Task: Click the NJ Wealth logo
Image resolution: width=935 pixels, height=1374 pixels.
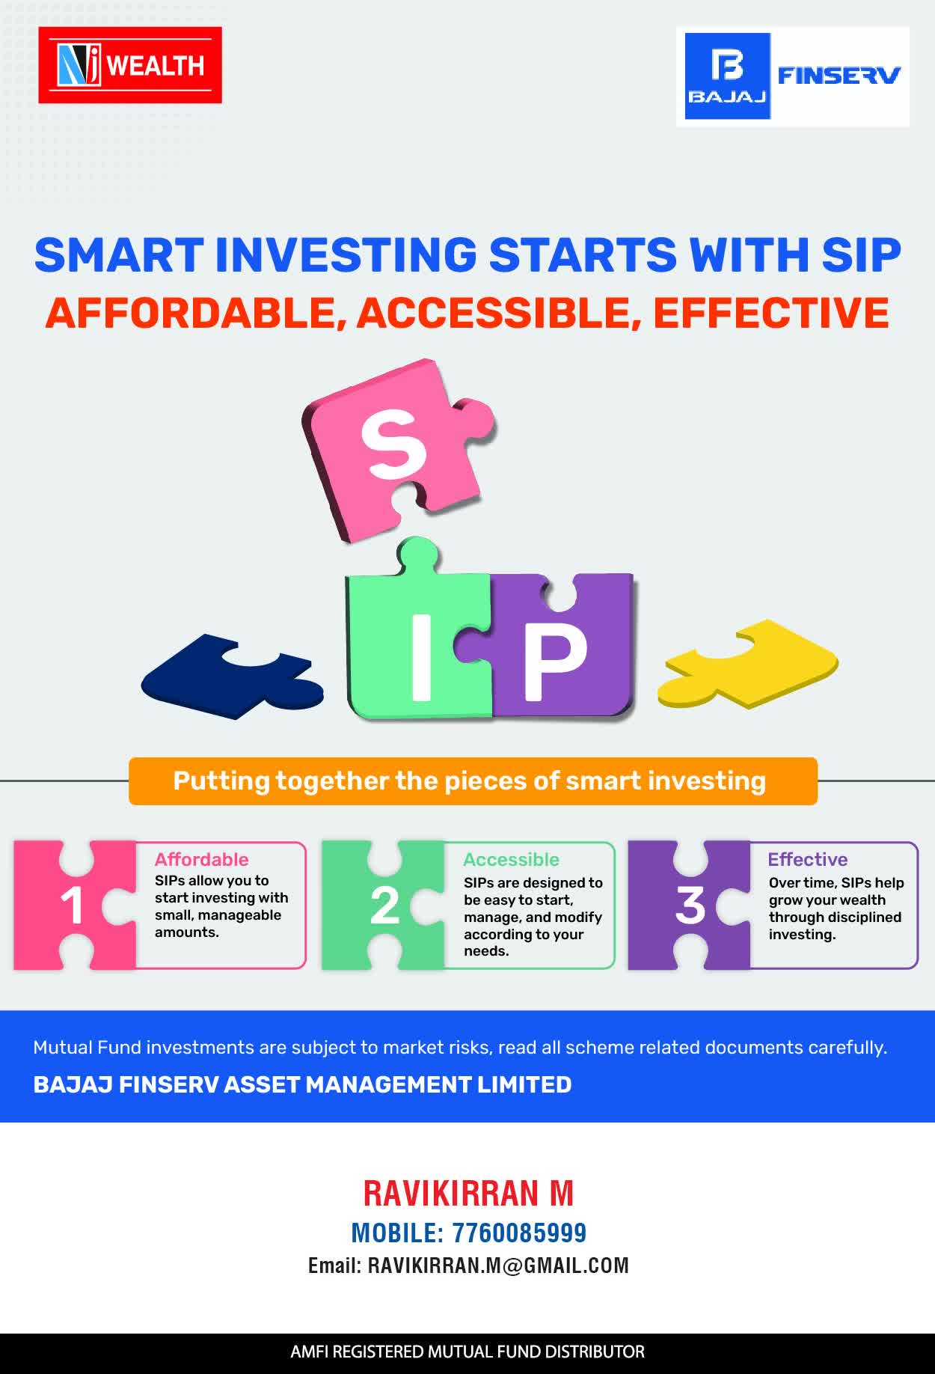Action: pyautogui.click(x=130, y=65)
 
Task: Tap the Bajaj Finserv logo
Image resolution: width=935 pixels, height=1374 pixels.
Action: pyautogui.click(x=793, y=76)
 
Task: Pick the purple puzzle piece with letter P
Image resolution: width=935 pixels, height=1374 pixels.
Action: pyautogui.click(x=557, y=647)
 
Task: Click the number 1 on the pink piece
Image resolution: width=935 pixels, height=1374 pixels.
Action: pyautogui.click(x=72, y=906)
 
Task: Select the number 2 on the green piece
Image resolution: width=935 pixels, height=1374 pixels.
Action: pyautogui.click(x=384, y=906)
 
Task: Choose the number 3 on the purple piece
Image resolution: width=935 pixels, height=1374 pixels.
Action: pyautogui.click(x=690, y=906)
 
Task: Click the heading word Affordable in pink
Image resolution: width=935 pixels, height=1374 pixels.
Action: pyautogui.click(x=201, y=859)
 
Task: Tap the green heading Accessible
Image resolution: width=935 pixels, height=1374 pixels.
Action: pyautogui.click(x=511, y=859)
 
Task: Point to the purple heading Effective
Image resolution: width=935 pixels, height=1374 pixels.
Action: pyautogui.click(x=808, y=859)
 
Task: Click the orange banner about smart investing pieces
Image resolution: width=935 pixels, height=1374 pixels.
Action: pyautogui.click(x=473, y=781)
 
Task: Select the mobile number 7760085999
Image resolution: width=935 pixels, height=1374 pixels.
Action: pyautogui.click(x=519, y=1233)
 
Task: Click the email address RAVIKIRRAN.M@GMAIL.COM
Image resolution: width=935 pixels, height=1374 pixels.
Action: pyautogui.click(x=498, y=1265)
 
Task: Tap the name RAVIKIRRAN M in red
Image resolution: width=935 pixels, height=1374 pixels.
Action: pyautogui.click(x=468, y=1193)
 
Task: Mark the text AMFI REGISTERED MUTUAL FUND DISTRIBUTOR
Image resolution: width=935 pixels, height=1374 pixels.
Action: pyautogui.click(x=467, y=1352)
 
